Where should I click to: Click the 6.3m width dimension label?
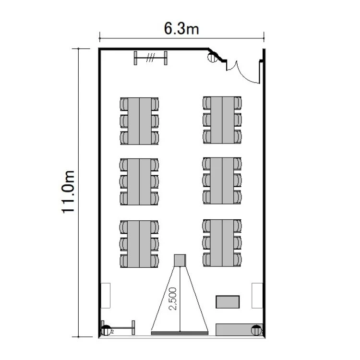181,29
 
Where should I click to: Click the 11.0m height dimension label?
68,192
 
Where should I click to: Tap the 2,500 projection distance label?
173,299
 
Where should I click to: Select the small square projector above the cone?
180,260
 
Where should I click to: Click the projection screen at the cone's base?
180,333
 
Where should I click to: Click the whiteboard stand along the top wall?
150,58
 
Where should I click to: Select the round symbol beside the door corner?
212,57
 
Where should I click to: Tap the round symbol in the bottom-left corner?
106,330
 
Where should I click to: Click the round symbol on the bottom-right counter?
256,330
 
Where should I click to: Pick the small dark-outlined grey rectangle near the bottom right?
228,302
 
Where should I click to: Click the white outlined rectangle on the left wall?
106,296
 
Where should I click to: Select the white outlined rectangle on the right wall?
257,296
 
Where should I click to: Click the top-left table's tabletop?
140,121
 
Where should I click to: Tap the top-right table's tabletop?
222,120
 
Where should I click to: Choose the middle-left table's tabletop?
139,181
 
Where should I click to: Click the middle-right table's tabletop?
222,180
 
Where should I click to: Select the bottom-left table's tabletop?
139,244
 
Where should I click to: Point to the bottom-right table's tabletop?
222,243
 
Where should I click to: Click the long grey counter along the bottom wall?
239,330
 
